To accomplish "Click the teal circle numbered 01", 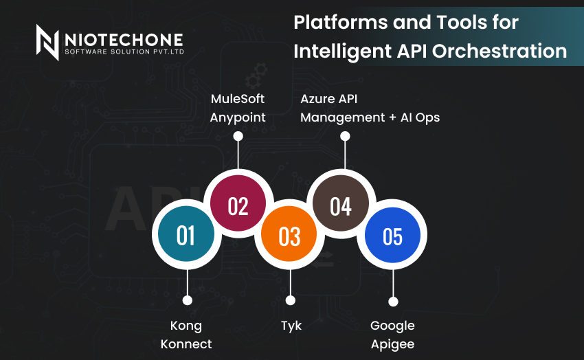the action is click(x=186, y=234).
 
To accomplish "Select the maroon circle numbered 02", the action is click(x=238, y=203).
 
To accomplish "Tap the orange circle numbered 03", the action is click(x=289, y=234).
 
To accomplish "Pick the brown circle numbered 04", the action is click(x=340, y=203).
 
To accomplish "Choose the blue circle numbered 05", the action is click(x=392, y=235).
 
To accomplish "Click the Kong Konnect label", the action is click(x=186, y=335).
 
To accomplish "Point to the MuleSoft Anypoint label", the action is click(x=238, y=108).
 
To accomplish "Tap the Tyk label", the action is click(x=291, y=326).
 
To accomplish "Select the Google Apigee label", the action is click(x=392, y=335).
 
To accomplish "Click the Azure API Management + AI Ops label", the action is click(x=370, y=108).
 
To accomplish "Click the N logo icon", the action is click(x=47, y=42).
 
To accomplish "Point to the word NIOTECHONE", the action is click(x=124, y=40).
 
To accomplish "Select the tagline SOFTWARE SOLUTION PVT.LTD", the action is click(x=124, y=52).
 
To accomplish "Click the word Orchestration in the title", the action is click(x=499, y=51).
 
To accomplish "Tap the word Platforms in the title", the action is click(x=341, y=23).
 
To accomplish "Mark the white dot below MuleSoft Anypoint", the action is click(x=238, y=136).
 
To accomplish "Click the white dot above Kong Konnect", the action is click(x=188, y=300).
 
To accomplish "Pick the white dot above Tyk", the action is click(x=291, y=300).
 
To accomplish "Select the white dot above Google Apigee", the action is click(x=393, y=302).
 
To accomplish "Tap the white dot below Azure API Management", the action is click(x=345, y=136).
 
